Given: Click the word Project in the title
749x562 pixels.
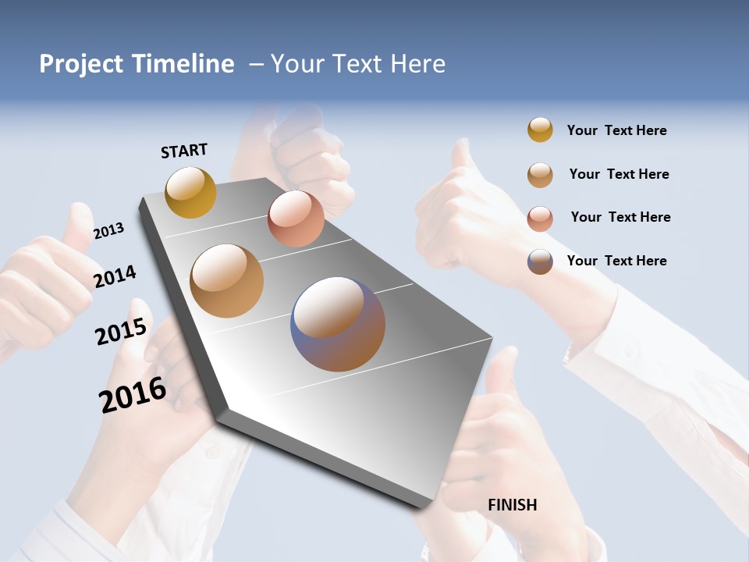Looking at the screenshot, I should [x=81, y=64].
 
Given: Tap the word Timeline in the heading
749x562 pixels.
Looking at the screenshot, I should [x=183, y=64].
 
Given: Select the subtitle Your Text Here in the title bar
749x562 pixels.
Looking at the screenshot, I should [x=358, y=64].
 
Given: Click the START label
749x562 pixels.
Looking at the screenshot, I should [x=184, y=151].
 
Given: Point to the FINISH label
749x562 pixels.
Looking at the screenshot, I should [x=513, y=505].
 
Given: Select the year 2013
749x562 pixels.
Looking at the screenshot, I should [x=108, y=231].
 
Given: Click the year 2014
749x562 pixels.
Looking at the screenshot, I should [x=115, y=276].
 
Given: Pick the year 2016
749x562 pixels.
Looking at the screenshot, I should [x=133, y=395].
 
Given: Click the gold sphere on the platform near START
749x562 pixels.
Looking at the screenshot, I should [x=190, y=192].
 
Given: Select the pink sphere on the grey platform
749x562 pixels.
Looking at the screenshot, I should [x=296, y=219].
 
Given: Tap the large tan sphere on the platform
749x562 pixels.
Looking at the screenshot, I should [x=227, y=280].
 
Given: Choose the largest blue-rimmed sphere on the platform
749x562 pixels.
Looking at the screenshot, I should [x=338, y=324].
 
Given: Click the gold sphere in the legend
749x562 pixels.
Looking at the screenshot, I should [x=540, y=130].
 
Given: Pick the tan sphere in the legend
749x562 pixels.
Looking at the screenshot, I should [x=540, y=174].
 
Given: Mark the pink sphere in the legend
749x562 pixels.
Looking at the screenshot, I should [x=540, y=218].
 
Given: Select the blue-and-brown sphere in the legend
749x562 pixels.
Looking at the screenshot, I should [x=540, y=261].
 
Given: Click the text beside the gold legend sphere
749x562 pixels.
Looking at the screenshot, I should [x=616, y=130].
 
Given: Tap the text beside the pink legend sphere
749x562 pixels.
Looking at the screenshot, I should [x=620, y=217].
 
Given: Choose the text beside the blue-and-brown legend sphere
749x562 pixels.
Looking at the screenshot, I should [x=616, y=261].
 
